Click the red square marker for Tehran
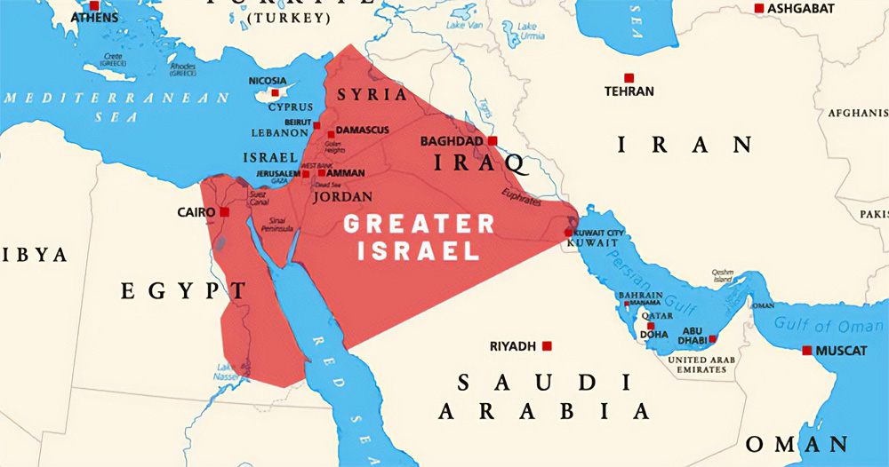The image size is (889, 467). pos(629,78)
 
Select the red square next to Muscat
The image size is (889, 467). pos(806,351)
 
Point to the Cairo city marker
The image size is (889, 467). pos(225,212)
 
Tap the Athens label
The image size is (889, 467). pos(94,17)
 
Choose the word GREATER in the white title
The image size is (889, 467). pos(419,224)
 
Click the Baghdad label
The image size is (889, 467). pos(451,141)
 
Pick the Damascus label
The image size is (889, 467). pos(362,131)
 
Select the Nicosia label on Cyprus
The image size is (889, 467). pos(268,81)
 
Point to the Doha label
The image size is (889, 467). pos(653,336)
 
